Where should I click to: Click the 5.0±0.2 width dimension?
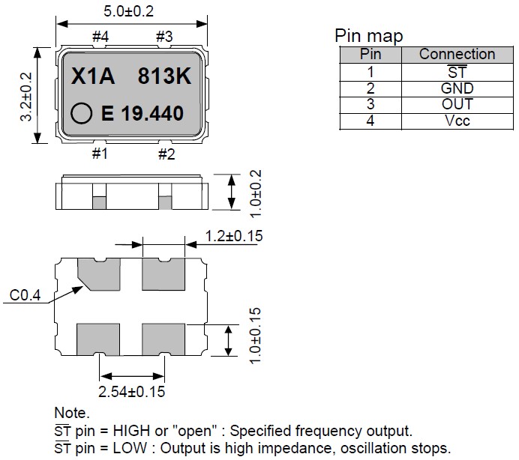pyautogui.click(x=133, y=12)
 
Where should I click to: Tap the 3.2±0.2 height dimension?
pyautogui.click(x=27, y=97)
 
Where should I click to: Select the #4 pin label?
pyautogui.click(x=100, y=36)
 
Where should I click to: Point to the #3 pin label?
pyautogui.click(x=164, y=36)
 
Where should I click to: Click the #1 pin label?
pyautogui.click(x=100, y=154)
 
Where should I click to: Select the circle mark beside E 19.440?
pyautogui.click(x=80, y=114)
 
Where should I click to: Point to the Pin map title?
pyautogui.click(x=368, y=36)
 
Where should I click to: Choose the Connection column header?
pyautogui.click(x=457, y=54)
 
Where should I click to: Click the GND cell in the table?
pyautogui.click(x=457, y=88)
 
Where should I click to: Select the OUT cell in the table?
pyautogui.click(x=457, y=104)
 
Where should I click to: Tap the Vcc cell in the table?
pyautogui.click(x=457, y=121)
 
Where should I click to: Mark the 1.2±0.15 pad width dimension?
pyautogui.click(x=234, y=237)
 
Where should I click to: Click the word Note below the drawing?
pyautogui.click(x=71, y=413)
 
